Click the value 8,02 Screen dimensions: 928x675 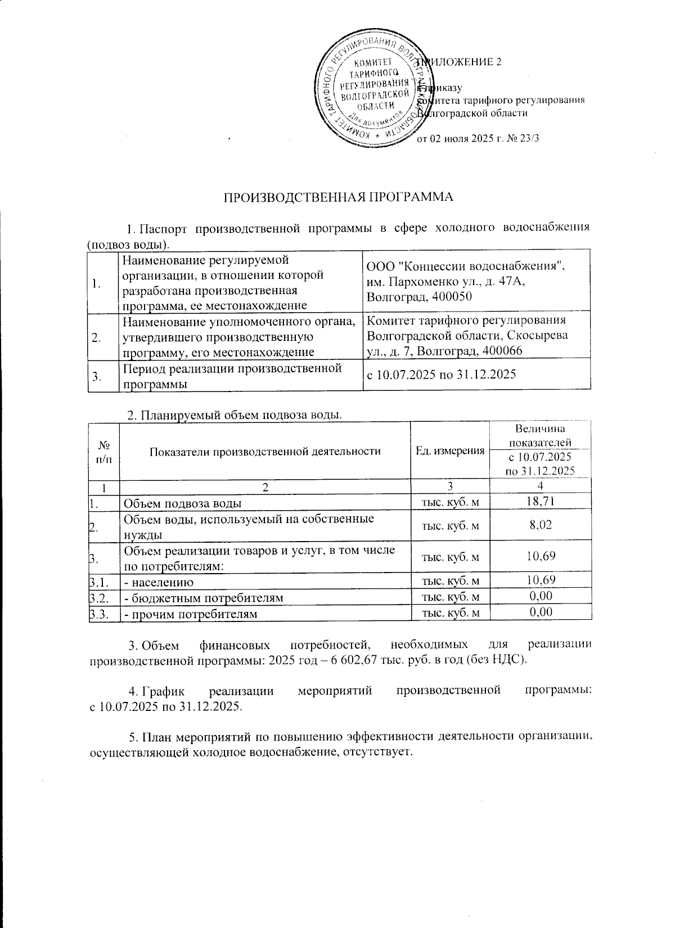click(x=540, y=525)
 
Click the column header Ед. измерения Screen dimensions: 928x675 click(x=449, y=451)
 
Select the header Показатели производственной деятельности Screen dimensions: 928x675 click(x=265, y=451)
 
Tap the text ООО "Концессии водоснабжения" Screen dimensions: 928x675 click(x=465, y=266)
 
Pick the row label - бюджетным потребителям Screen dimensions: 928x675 click(x=204, y=597)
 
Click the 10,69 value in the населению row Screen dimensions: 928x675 click(x=540, y=580)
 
